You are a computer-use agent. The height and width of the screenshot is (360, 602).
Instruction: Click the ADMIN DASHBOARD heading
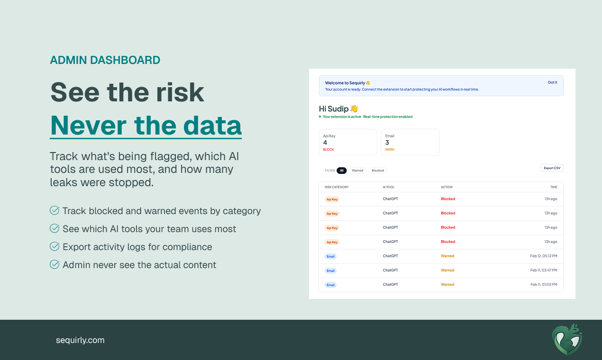(x=105, y=60)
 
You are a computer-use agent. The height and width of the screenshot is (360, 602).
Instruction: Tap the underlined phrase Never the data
(x=146, y=125)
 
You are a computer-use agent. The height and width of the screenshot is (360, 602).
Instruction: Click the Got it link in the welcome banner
(x=552, y=82)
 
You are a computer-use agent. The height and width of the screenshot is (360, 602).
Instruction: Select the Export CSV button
(x=552, y=168)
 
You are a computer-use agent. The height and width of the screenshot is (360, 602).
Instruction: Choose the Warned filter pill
(x=357, y=171)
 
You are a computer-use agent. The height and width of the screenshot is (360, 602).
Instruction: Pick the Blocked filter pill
(x=378, y=171)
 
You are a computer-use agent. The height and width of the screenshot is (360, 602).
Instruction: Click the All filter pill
(x=341, y=171)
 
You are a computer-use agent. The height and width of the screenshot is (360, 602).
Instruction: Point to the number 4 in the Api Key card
(x=325, y=143)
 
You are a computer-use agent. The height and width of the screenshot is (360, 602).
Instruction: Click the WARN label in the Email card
(x=390, y=150)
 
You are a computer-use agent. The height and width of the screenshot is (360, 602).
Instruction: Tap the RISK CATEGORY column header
(x=337, y=187)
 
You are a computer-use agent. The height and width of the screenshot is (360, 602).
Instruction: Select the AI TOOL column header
(x=389, y=187)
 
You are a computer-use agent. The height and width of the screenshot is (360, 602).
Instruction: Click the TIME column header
(x=554, y=187)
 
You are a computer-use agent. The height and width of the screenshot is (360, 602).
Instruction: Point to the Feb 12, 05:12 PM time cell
(x=544, y=256)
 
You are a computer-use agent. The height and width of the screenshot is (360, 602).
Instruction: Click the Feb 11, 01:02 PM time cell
(x=544, y=285)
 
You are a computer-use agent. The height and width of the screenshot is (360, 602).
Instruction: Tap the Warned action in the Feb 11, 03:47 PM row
(x=447, y=270)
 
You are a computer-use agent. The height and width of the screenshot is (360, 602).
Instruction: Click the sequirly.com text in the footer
(x=80, y=340)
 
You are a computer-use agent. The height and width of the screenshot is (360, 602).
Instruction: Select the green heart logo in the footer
(x=567, y=339)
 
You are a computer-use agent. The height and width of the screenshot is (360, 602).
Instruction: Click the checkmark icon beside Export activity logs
(x=55, y=246)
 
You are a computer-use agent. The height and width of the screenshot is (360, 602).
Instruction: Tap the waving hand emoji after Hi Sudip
(x=354, y=109)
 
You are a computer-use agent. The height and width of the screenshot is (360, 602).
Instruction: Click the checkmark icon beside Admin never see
(x=55, y=264)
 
